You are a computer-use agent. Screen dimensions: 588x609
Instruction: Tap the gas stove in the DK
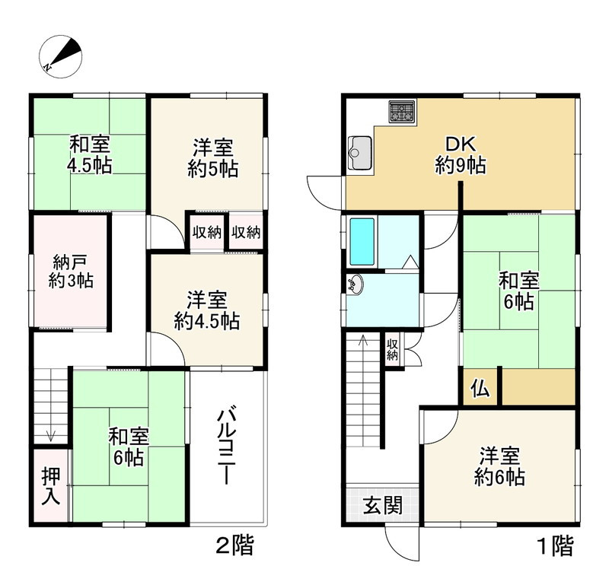pyautogui.click(x=402, y=113)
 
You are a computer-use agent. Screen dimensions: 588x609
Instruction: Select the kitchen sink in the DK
pyautogui.click(x=359, y=154)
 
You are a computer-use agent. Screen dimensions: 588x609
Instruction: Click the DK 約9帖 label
pyautogui.click(x=461, y=154)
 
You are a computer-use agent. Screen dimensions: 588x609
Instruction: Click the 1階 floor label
pyautogui.click(x=553, y=545)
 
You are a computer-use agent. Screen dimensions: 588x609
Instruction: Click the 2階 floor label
pyautogui.click(x=234, y=545)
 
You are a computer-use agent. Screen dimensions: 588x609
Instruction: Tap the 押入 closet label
pyautogui.click(x=51, y=485)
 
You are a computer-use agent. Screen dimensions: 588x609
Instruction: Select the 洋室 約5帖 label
pyautogui.click(x=212, y=158)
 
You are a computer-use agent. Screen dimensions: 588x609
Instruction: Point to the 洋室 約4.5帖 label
pyautogui.click(x=206, y=310)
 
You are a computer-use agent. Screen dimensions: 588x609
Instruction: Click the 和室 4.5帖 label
pyautogui.click(x=90, y=154)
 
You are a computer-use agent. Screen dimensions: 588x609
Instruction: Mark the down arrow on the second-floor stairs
pyautogui.click(x=51, y=434)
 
